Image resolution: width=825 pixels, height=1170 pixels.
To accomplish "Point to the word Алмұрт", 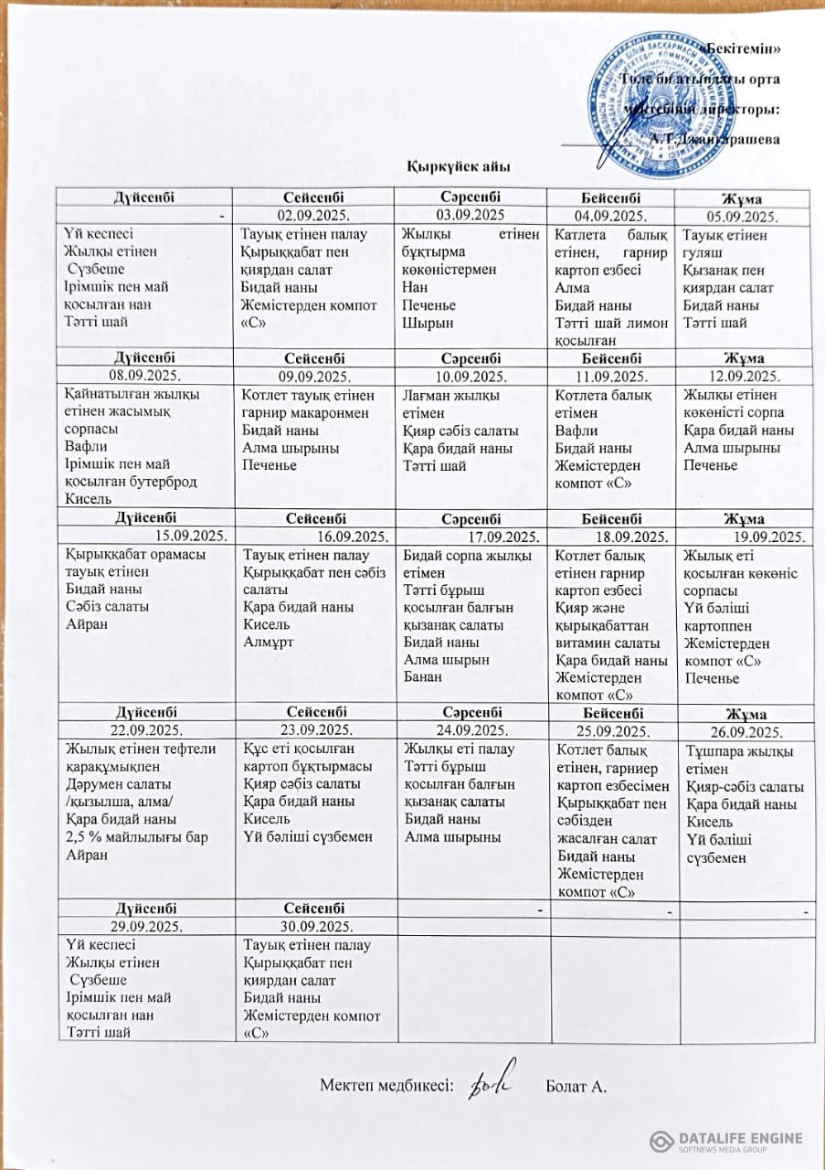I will [265, 642].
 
